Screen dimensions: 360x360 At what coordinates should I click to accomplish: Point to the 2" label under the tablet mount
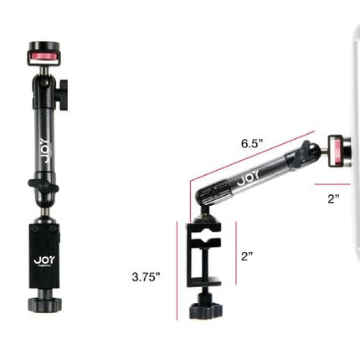click(x=333, y=198)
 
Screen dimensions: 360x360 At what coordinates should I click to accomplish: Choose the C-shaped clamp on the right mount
click(x=206, y=255)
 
